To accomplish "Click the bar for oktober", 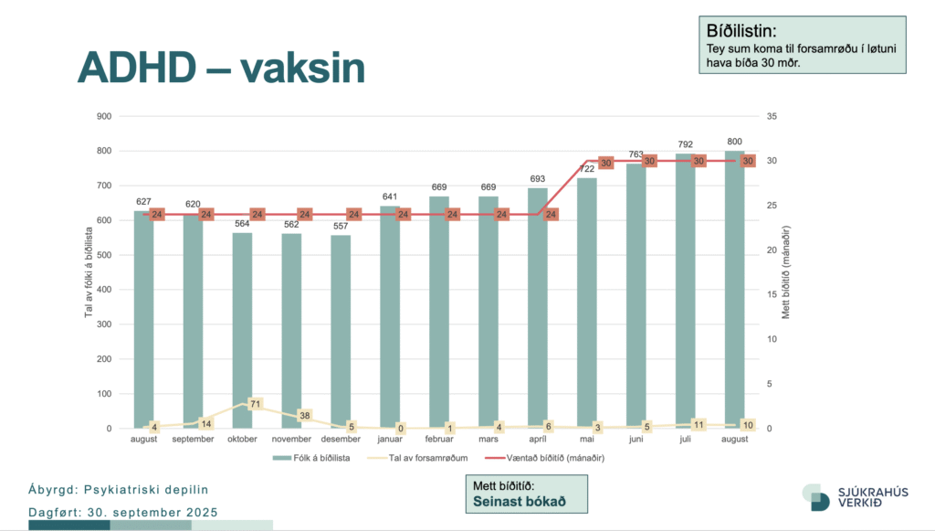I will [x=242, y=329].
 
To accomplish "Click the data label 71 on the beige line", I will [x=256, y=403].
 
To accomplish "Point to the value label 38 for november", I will [x=305, y=415].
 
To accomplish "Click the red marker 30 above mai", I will [x=605, y=162].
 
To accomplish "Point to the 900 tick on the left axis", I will [x=103, y=116].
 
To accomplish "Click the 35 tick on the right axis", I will [x=772, y=116].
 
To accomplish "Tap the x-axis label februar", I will [x=439, y=440].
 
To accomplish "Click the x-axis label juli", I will [x=686, y=440].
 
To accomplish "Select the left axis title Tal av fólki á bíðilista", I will [x=89, y=272].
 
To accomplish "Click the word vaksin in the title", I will [x=303, y=67].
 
